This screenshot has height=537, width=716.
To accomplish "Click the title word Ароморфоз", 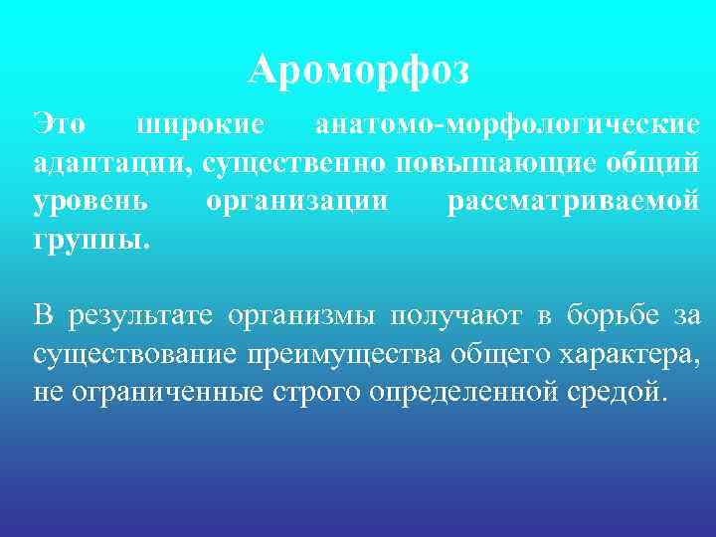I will click(x=358, y=71).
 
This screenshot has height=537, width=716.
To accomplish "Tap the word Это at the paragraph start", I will click(x=59, y=125).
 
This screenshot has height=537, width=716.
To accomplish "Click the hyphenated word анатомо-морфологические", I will click(x=507, y=125).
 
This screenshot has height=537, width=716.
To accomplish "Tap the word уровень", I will click(x=91, y=201).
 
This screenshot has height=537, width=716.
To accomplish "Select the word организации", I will click(x=296, y=201).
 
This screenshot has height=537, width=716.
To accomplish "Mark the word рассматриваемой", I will click(x=574, y=201).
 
